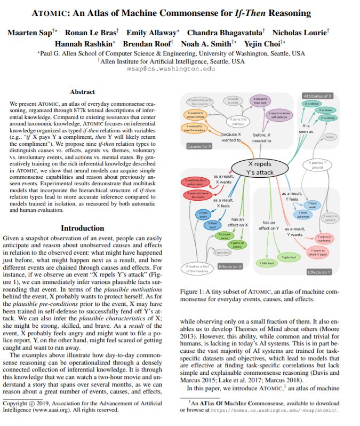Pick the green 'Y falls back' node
point(267,263)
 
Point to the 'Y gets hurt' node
point(289,257)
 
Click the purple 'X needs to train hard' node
point(261,100)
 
